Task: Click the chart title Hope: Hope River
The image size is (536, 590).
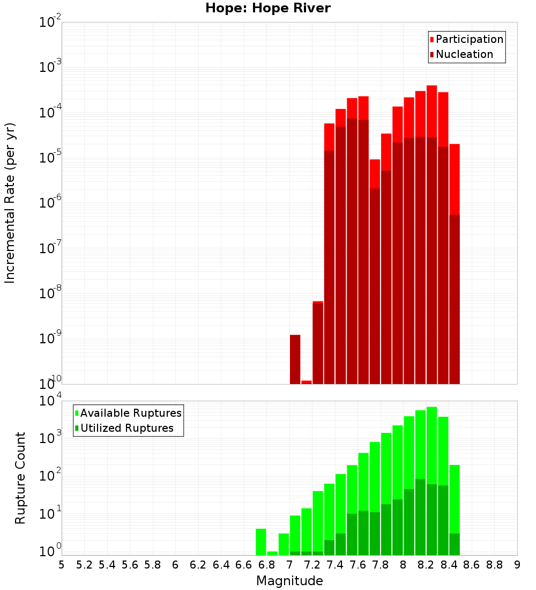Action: pyautogui.click(x=268, y=8)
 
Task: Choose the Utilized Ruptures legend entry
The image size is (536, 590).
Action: pyautogui.click(x=126, y=428)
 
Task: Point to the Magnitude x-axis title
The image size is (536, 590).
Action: pyautogui.click(x=289, y=581)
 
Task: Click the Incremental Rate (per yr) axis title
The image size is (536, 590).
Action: pyautogui.click(x=10, y=203)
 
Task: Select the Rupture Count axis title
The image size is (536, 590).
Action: pyautogui.click(x=20, y=477)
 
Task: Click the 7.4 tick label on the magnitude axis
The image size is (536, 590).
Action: pyautogui.click(x=335, y=565)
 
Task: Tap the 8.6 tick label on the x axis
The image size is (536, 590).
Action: pyautogui.click(x=472, y=565)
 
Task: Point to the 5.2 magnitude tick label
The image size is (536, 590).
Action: pyautogui.click(x=85, y=565)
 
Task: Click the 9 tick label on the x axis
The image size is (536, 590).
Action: pyautogui.click(x=517, y=565)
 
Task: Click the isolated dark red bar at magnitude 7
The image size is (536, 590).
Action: pyautogui.click(x=295, y=359)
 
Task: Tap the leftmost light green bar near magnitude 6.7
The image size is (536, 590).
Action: pyautogui.click(x=261, y=542)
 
